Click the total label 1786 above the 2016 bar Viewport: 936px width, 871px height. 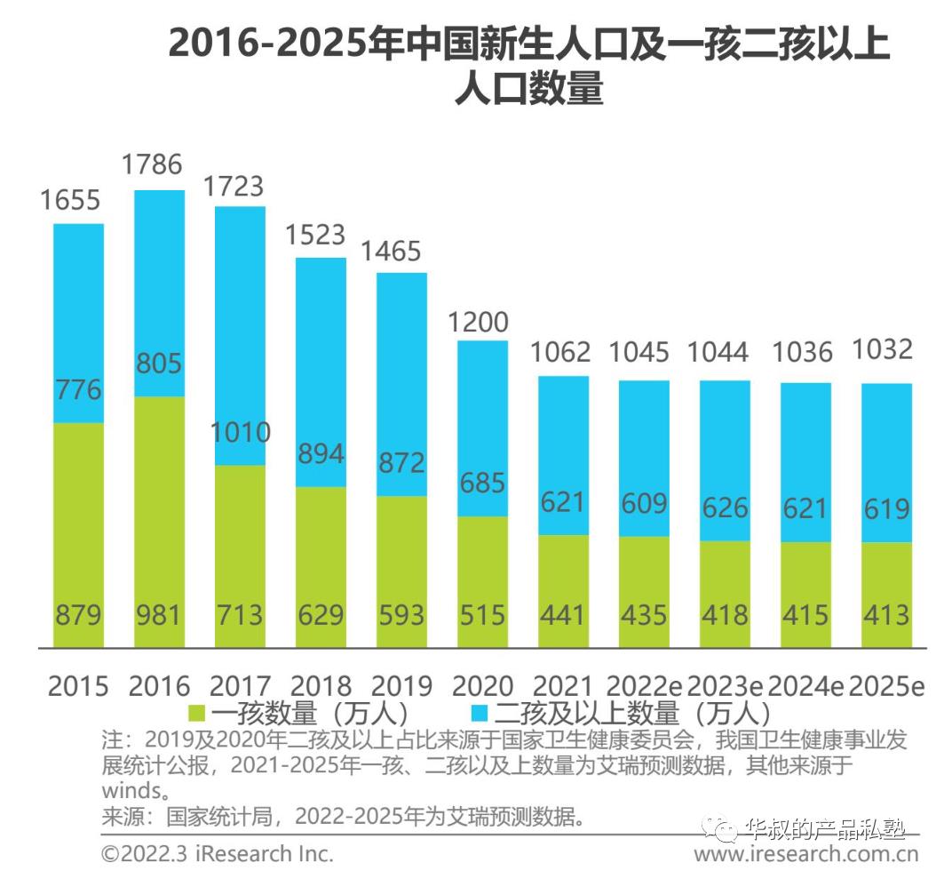tap(151, 164)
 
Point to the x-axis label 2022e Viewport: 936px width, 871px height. tap(643, 686)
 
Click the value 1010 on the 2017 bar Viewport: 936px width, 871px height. tap(240, 433)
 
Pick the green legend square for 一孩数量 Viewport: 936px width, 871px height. tap(196, 713)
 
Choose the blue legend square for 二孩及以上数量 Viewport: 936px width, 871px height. tap(480, 713)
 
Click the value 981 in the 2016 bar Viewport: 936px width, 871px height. tap(159, 615)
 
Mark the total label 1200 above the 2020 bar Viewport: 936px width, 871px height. tap(482, 322)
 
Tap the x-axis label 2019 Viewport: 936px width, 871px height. tap(401, 686)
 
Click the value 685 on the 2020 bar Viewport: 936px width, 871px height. tap(483, 483)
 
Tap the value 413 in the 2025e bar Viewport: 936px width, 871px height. tap(886, 615)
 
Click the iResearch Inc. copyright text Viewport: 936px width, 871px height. tap(217, 853)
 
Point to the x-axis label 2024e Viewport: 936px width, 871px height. tap(805, 686)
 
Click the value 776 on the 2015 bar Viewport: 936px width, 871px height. tap(78, 389)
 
